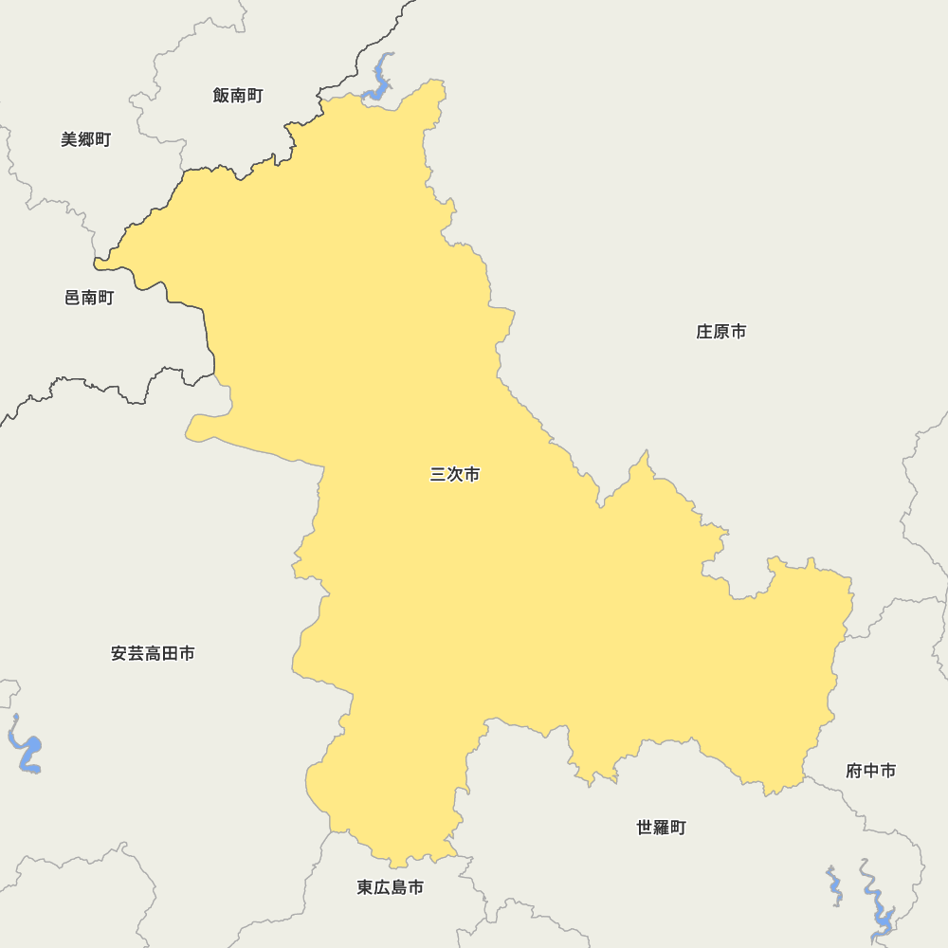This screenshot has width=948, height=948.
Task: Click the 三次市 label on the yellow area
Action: tap(455, 474)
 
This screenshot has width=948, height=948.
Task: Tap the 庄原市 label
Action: tap(721, 332)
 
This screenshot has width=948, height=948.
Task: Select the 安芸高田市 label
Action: tap(153, 653)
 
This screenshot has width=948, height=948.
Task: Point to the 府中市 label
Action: tap(870, 771)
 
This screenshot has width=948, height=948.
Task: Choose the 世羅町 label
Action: tap(661, 828)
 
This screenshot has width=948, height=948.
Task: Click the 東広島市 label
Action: tap(390, 887)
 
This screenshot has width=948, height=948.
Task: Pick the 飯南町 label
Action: tap(238, 95)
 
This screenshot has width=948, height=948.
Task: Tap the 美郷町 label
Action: tap(86, 139)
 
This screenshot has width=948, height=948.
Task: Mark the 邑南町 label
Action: tap(89, 298)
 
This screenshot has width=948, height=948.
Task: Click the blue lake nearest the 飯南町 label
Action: tap(380, 80)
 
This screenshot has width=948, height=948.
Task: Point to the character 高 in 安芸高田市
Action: tap(153, 653)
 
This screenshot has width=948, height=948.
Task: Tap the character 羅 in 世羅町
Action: tap(661, 828)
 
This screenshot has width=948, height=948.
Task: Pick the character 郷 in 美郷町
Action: tap(86, 139)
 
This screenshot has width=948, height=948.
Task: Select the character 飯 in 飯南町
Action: tap(221, 95)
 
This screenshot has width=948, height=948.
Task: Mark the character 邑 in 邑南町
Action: tap(72, 298)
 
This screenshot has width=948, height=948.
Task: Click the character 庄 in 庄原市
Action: tap(704, 332)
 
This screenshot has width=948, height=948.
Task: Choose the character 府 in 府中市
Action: tap(853, 771)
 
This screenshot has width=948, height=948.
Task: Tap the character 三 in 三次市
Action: tap(438, 474)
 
